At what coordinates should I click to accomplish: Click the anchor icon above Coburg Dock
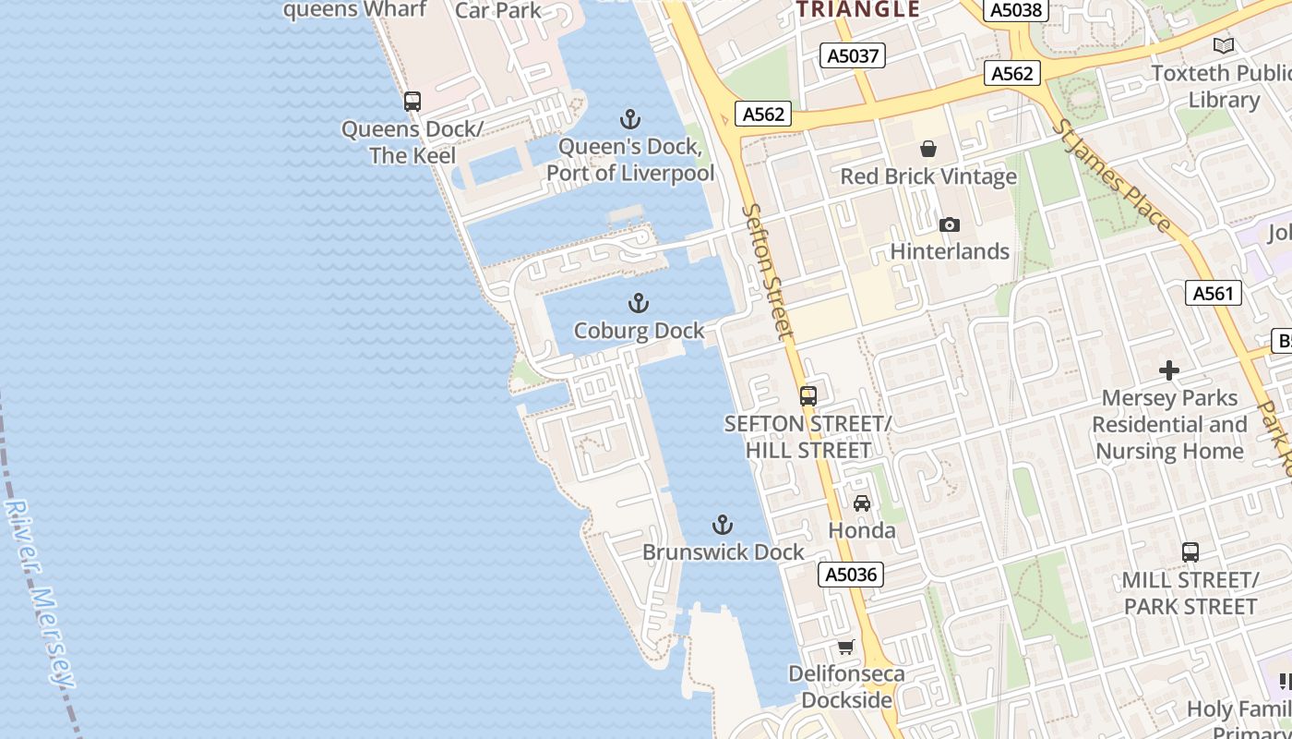click(638, 303)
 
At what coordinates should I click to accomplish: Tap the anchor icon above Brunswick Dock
click(723, 526)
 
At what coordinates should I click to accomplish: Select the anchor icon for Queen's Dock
click(630, 119)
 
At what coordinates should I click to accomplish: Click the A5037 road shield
click(853, 56)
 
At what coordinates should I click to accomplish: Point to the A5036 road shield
click(851, 575)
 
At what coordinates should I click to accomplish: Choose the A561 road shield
click(1213, 294)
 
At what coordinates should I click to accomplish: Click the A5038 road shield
click(1016, 10)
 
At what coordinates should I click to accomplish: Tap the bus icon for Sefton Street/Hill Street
click(808, 396)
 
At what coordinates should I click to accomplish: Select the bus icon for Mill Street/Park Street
click(1190, 552)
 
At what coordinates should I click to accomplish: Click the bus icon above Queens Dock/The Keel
click(413, 102)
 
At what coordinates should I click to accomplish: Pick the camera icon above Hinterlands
click(949, 224)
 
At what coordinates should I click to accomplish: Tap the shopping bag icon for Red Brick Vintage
click(928, 149)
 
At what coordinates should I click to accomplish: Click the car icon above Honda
click(862, 503)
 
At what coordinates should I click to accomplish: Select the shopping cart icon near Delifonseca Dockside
click(845, 647)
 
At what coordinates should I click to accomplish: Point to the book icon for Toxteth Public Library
click(1224, 45)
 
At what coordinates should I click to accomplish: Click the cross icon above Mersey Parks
click(1169, 371)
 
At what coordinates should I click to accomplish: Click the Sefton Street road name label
click(768, 272)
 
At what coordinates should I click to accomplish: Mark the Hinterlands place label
click(950, 251)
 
